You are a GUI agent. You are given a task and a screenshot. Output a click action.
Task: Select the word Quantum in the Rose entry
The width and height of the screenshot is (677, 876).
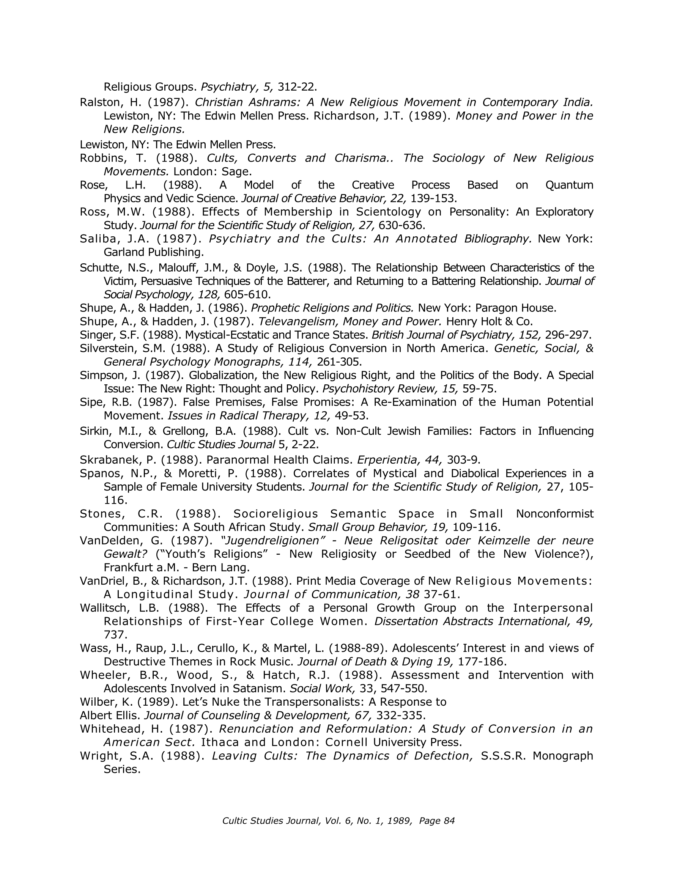coord(569,185)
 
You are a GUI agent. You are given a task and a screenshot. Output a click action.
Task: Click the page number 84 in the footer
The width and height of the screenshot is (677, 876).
coord(449,821)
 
